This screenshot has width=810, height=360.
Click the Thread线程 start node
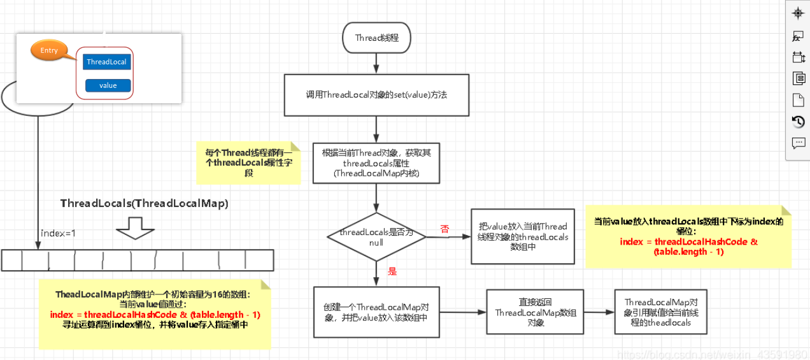coord(376,38)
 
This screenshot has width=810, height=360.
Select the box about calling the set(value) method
coord(376,95)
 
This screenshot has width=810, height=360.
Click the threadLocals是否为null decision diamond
coord(376,236)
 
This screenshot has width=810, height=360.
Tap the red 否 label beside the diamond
coord(444,229)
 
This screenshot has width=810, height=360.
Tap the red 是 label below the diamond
coord(392,271)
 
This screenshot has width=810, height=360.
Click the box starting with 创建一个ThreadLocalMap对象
coord(376,312)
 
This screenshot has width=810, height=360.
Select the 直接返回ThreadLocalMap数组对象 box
coord(527,312)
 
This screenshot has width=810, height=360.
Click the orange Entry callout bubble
coord(49,50)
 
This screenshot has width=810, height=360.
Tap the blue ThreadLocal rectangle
coord(106,62)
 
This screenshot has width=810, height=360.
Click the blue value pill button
coord(108,85)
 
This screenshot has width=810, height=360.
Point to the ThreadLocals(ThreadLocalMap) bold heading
coord(144,203)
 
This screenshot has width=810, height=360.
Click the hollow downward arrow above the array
coord(136,227)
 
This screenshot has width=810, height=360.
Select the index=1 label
coord(58,233)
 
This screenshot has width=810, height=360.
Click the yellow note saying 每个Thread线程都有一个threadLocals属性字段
coord(249,163)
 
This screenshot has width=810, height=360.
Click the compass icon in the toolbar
coord(798,13)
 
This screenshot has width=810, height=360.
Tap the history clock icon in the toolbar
coord(798,121)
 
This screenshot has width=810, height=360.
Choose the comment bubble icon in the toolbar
coord(798,143)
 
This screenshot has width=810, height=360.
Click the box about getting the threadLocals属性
coord(376,163)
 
